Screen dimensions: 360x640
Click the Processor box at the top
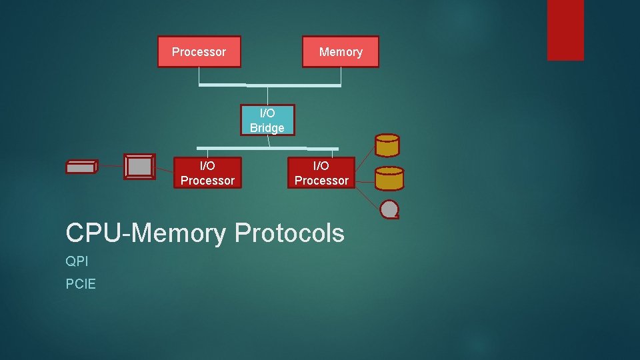point(199,52)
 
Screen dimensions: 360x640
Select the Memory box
point(340,52)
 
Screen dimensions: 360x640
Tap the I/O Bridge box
point(267,120)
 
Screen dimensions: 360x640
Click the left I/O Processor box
point(207,173)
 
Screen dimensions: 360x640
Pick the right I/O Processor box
point(321,173)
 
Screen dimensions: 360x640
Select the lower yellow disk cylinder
point(389,178)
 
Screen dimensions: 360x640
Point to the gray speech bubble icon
point(389,210)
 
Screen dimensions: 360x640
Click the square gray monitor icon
point(139,167)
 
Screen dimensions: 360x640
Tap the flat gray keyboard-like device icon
point(81,167)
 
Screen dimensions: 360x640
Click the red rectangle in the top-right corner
point(565,30)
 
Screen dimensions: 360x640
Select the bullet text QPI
point(77,261)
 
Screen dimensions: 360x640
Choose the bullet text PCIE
point(81,284)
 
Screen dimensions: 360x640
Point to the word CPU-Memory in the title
point(146,233)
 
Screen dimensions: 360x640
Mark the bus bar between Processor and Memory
point(270,85)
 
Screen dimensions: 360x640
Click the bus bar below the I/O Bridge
point(267,147)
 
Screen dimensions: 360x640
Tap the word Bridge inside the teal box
point(267,128)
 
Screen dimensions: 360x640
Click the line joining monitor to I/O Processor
point(164,171)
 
